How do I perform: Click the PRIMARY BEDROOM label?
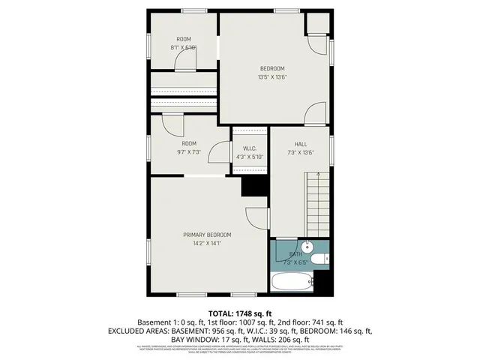pyautogui.click(x=207, y=235)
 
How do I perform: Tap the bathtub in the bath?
pyautogui.click(x=291, y=283)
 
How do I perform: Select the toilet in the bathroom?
pyautogui.click(x=318, y=260)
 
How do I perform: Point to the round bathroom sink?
pyautogui.click(x=306, y=247)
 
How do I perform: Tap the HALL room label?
pyautogui.click(x=300, y=144)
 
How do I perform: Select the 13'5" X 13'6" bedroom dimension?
pyautogui.click(x=273, y=76)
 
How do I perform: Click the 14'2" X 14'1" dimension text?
pyautogui.click(x=207, y=243)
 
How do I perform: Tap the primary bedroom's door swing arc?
pyautogui.click(x=258, y=217)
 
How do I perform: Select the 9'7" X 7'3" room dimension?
pyautogui.click(x=189, y=152)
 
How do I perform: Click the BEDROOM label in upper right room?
pyautogui.click(x=273, y=68)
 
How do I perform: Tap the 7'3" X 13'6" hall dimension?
pyautogui.click(x=300, y=152)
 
